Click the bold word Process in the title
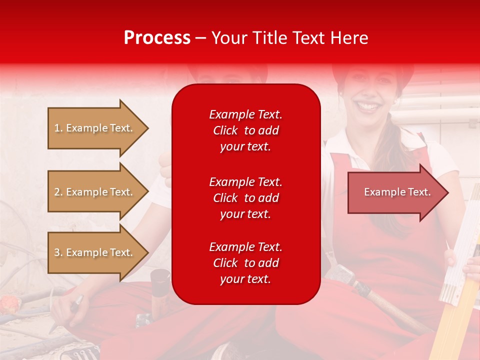pos(157,38)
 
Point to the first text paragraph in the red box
pos(245,130)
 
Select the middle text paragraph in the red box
pos(245,198)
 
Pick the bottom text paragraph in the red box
pos(245,263)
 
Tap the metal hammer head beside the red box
pos(340,272)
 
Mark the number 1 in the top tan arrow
pos(56,128)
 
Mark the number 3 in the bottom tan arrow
pos(56,252)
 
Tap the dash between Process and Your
pos(201,38)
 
